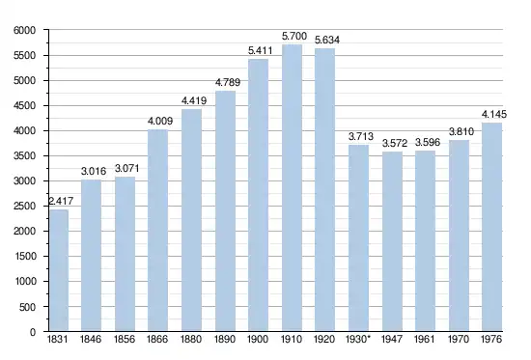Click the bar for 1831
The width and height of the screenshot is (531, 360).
point(59,270)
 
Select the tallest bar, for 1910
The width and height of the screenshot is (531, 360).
point(292,188)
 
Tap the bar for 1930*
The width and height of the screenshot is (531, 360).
point(358,237)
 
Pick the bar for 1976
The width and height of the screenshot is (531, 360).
point(491,227)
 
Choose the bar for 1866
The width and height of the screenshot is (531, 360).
point(157,231)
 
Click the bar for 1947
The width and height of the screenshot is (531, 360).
point(393,241)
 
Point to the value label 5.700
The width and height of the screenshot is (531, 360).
point(294,36)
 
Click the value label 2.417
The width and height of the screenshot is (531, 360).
point(61,201)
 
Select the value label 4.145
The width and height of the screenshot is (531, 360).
point(494,115)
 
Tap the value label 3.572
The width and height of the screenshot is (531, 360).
point(395,143)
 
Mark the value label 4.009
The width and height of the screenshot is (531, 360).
point(160,121)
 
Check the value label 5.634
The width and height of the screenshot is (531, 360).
point(327,40)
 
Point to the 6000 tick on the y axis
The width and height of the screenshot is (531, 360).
point(24,31)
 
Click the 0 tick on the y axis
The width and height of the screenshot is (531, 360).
point(33,332)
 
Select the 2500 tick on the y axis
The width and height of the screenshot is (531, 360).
point(24,207)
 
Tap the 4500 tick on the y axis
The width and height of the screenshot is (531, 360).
point(24,106)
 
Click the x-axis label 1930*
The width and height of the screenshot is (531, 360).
point(357,339)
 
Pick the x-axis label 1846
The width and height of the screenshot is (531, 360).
point(91,340)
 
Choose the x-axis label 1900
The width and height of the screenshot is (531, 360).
point(258,340)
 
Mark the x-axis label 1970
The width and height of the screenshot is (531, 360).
point(459,340)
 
